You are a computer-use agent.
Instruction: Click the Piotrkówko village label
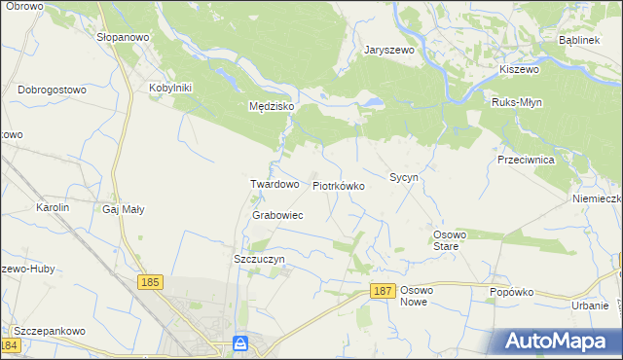pyautogui.click(x=339, y=185)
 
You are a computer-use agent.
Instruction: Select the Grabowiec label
pyautogui.click(x=277, y=215)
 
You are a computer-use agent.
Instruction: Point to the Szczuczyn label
pyautogui.click(x=259, y=260)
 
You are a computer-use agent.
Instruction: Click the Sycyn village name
pyautogui.click(x=403, y=178)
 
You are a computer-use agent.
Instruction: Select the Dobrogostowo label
pyautogui.click(x=53, y=90)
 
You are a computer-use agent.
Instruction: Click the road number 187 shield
pyautogui.click(x=383, y=292)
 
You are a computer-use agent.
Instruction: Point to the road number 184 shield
pyautogui.click(x=11, y=345)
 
